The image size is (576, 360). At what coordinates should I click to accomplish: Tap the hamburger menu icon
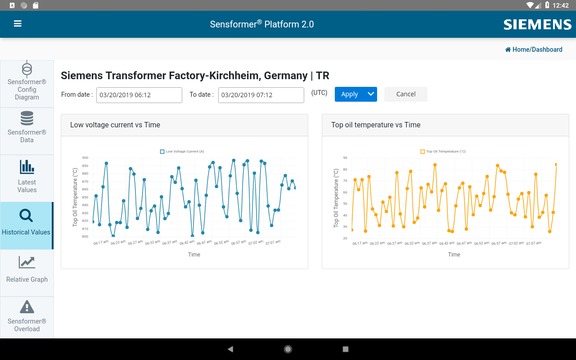click(18, 24)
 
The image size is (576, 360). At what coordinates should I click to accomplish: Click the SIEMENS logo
click(537, 24)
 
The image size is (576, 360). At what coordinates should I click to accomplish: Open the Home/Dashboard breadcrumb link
click(534, 49)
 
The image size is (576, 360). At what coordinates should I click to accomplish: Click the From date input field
click(139, 95)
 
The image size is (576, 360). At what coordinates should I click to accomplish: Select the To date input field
click(261, 95)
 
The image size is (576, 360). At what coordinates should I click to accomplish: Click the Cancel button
click(405, 94)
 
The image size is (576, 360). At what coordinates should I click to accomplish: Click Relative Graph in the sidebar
click(27, 270)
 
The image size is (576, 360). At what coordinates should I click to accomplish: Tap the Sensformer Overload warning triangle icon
click(27, 307)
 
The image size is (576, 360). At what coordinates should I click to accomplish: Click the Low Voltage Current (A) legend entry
click(182, 152)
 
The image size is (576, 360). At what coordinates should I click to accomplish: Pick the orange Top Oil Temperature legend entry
click(443, 152)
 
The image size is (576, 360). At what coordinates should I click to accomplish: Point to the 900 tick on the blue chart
click(85, 158)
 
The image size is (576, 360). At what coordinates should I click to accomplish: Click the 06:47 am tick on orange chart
click(464, 243)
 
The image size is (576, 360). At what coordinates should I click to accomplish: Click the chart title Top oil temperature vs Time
click(376, 125)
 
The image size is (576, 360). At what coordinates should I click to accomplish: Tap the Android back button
click(230, 349)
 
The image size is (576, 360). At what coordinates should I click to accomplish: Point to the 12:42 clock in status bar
click(560, 5)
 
